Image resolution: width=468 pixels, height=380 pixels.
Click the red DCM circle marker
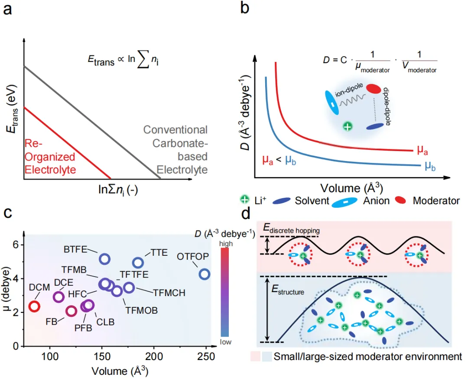(35, 306)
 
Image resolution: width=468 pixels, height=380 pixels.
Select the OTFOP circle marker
(205, 274)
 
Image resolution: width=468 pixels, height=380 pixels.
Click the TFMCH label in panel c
(169, 293)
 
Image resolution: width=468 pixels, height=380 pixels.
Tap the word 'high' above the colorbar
(225, 244)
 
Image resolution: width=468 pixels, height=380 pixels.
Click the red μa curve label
(423, 150)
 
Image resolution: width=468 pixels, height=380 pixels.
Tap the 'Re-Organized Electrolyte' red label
(49, 157)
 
